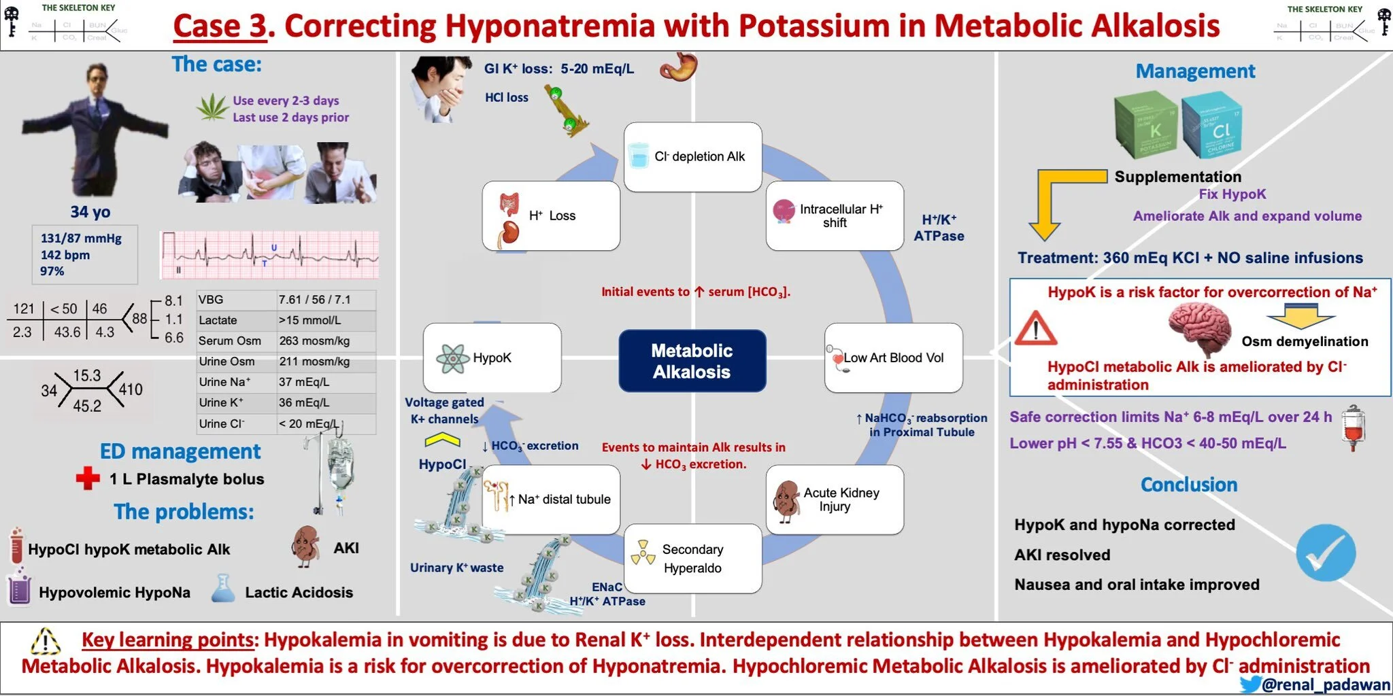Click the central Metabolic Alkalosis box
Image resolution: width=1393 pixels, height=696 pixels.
pos(692,361)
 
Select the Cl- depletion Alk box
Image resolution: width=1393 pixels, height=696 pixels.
pos(692,157)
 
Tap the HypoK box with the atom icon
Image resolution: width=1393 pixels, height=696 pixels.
pos(492,358)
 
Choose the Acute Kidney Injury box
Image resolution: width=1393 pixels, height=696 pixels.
pos(835,500)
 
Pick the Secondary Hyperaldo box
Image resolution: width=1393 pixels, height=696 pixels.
pos(692,558)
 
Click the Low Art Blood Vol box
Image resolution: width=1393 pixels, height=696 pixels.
pos(893,358)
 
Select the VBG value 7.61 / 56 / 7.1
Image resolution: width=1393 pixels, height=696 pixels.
pos(314,300)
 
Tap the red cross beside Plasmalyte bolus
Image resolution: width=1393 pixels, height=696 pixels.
pos(88,478)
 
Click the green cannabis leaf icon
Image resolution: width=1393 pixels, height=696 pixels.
pos(212,107)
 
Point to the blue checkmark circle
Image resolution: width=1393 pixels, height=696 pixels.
pos(1325,553)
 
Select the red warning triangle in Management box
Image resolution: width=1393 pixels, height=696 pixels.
pos(1035,330)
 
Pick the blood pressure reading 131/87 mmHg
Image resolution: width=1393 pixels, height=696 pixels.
pos(81,239)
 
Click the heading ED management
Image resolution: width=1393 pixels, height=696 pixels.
pos(180,451)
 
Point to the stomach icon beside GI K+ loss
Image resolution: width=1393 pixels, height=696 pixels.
pos(678,67)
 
